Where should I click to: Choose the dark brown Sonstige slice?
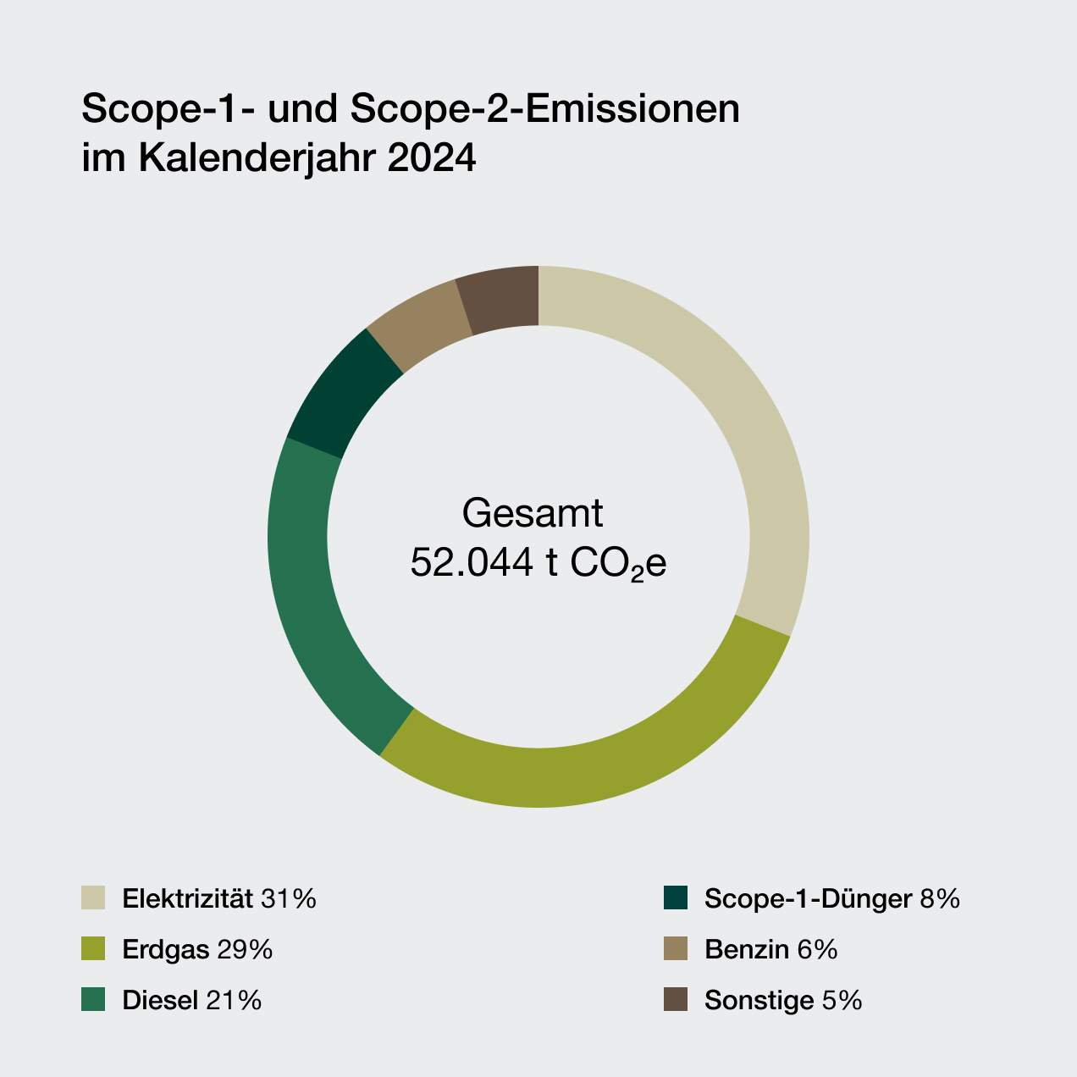pyautogui.click(x=500, y=298)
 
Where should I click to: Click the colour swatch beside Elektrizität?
pyautogui.click(x=93, y=898)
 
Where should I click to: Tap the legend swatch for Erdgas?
pyautogui.click(x=93, y=949)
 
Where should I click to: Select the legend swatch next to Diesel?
pyautogui.click(x=93, y=1000)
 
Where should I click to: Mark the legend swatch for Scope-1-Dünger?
pyautogui.click(x=675, y=898)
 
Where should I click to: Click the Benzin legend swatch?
pyautogui.click(x=675, y=949)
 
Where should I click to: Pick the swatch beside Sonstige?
pyautogui.click(x=675, y=1000)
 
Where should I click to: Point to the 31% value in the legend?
pyautogui.click(x=289, y=898)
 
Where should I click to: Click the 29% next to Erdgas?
pyautogui.click(x=245, y=949)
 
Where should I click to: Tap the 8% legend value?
pyautogui.click(x=940, y=898)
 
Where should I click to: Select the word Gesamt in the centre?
pyautogui.click(x=533, y=513)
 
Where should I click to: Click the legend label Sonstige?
pyautogui.click(x=759, y=1000)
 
